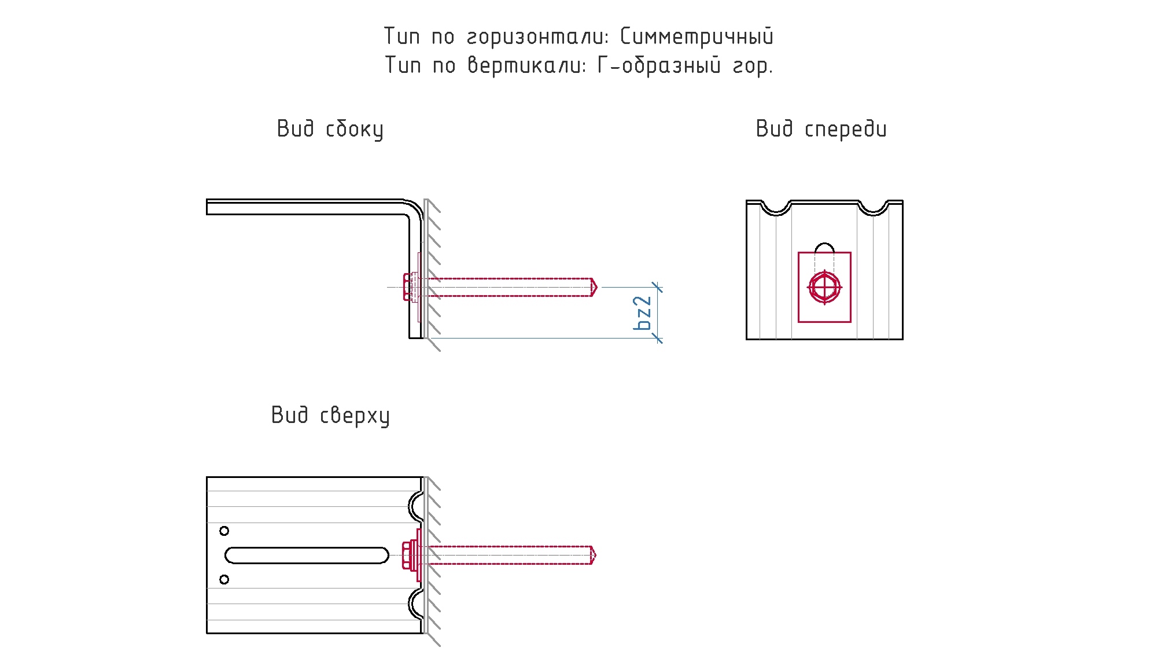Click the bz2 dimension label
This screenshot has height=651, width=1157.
(643, 313)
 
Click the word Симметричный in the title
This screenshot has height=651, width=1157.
(697, 36)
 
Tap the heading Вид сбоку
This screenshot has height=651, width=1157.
(330, 129)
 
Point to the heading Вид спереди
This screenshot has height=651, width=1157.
(821, 129)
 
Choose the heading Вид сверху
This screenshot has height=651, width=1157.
(330, 415)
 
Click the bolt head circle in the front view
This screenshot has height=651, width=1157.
(824, 287)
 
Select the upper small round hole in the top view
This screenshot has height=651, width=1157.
(224, 531)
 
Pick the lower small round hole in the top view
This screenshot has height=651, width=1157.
(224, 579)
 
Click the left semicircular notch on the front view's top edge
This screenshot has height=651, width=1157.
(776, 214)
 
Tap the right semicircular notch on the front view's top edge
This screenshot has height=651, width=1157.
(874, 214)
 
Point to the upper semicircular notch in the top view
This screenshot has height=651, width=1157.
(410, 507)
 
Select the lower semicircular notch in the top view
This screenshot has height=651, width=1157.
(410, 604)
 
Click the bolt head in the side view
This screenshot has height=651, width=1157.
(407, 287)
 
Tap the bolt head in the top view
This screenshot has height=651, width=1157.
(406, 555)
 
